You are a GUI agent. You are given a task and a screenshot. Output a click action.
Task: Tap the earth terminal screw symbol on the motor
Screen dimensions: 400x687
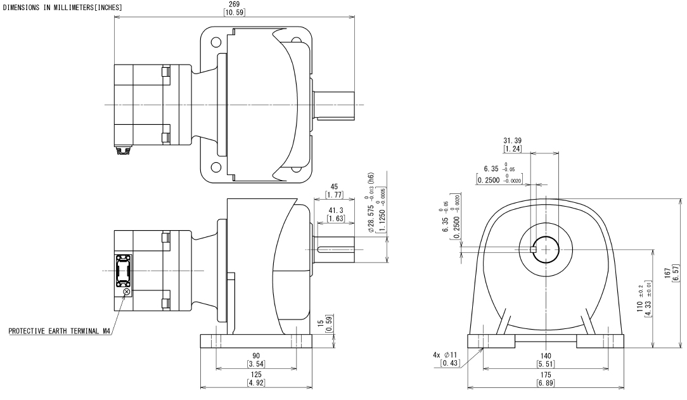click(x=127, y=292)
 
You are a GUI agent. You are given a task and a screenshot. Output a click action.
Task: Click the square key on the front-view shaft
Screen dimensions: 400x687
click(x=534, y=249)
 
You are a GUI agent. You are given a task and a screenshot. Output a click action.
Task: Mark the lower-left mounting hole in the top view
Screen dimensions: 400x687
click(x=217, y=167)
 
